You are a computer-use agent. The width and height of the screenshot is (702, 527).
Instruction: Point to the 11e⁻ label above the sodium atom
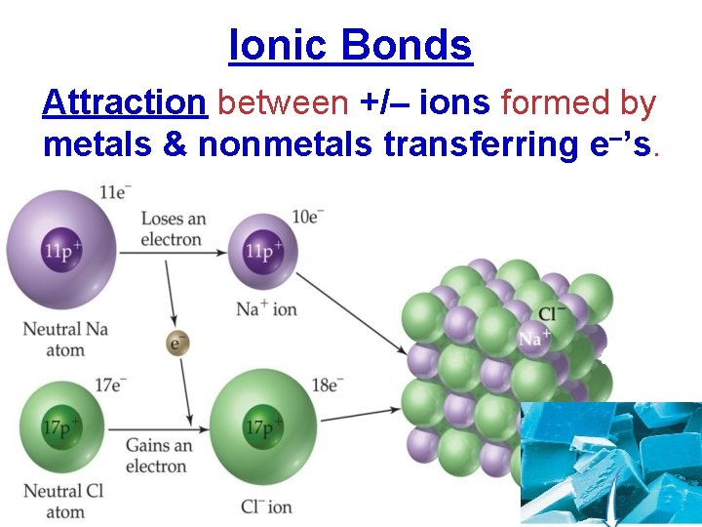tap(115, 192)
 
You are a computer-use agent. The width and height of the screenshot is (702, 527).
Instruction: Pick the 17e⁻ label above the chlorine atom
tap(110, 385)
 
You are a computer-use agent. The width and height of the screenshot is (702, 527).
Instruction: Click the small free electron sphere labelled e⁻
tap(176, 344)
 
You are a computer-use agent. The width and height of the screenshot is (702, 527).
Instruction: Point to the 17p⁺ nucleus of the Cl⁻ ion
tap(264, 426)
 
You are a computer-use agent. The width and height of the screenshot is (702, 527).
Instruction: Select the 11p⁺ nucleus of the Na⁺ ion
tap(259, 252)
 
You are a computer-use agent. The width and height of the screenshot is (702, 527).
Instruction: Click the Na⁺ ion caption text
tap(266, 309)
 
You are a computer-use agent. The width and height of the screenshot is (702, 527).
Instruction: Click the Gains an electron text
tap(158, 456)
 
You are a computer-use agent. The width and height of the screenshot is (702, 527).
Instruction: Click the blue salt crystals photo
tap(610, 463)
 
